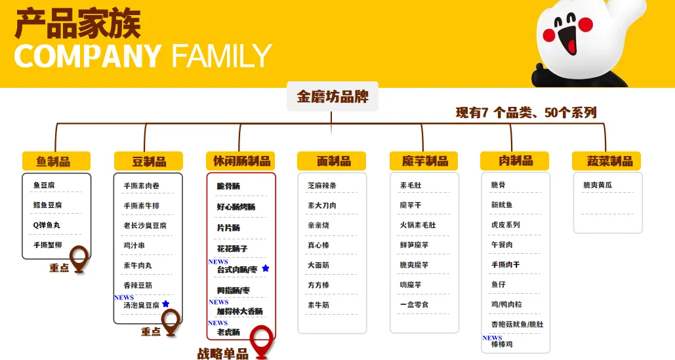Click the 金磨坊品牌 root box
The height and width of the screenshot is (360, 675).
332,97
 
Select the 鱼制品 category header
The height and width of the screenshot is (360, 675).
56,161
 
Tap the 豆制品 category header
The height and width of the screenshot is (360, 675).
148,161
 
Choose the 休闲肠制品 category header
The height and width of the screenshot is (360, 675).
241,161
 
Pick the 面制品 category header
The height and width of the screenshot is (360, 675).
331,161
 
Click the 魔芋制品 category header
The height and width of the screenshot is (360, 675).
424,161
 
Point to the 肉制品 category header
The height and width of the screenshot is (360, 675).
514,161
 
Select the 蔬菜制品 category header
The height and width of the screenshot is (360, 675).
606,161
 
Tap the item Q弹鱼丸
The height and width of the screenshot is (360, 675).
47,225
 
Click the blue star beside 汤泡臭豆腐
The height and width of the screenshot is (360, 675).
166,304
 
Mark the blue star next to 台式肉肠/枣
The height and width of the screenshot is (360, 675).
266,268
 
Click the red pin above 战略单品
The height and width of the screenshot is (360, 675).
262,339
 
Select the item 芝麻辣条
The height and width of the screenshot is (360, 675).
321,186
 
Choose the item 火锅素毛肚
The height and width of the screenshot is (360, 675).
417,225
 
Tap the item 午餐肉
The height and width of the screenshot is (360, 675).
502,245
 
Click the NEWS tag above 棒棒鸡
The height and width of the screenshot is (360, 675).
492,338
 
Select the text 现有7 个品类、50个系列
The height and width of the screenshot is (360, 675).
526,113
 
